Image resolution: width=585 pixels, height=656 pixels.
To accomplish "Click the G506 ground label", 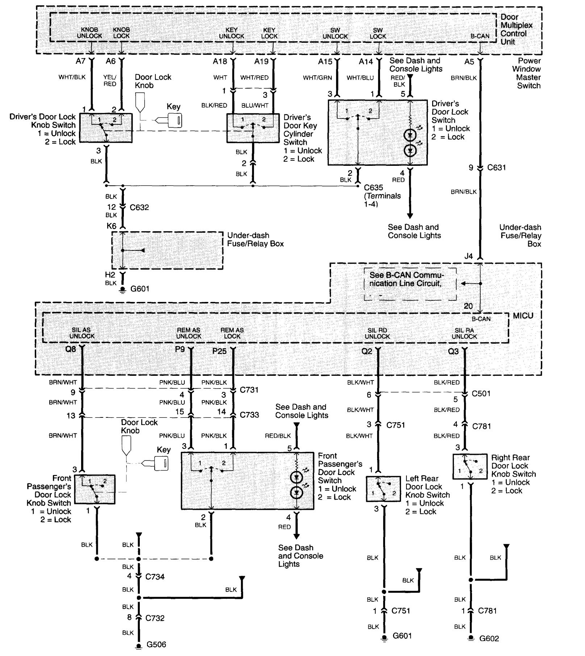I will (156, 644).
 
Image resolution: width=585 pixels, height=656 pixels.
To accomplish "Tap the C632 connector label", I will (139, 207).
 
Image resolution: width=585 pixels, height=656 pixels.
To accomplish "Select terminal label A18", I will (220, 62).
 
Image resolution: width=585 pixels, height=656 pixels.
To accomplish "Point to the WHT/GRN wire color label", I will (317, 78).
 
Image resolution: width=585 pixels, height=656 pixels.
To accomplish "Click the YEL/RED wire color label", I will (110, 81).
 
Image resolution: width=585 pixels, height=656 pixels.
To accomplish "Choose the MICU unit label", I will (523, 316).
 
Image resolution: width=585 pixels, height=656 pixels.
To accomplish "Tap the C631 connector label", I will (496, 168).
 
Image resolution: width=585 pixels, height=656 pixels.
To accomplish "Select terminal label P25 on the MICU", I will (220, 351).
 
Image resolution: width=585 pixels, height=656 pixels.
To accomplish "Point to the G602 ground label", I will (489, 638).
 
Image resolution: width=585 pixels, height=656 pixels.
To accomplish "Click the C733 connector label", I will (249, 415).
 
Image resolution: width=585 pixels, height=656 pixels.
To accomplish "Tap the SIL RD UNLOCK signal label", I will (377, 333).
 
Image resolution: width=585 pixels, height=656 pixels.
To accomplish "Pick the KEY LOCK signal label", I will (269, 33).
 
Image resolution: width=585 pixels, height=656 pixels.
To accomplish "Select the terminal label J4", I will (468, 256).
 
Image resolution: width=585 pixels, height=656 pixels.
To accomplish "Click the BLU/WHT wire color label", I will (255, 105).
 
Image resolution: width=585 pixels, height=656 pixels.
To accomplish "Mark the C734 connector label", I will (155, 577).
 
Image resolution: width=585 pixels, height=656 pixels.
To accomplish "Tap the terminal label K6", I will (111, 226).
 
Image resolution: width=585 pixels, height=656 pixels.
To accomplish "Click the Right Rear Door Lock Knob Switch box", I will (470, 467).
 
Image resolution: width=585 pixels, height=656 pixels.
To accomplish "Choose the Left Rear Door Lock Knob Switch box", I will (383, 489).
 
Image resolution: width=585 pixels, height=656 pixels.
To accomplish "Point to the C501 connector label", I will (481, 394).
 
